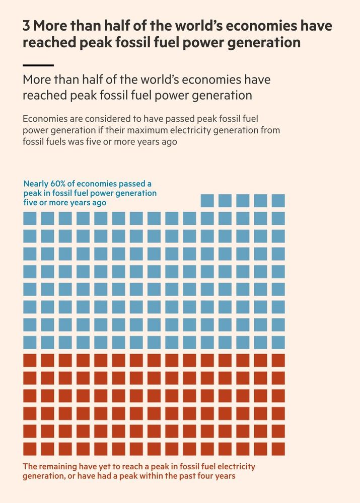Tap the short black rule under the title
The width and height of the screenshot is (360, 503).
pos(38,65)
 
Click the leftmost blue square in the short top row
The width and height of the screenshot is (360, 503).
pos(207,201)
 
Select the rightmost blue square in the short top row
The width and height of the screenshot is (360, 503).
pos(278,201)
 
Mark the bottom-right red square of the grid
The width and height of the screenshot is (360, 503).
pos(278,449)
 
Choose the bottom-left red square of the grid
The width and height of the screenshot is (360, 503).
pos(30,449)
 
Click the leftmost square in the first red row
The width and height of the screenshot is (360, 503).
pos(30,360)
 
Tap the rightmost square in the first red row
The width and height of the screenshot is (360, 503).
pos(278,360)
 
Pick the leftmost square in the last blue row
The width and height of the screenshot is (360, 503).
pos(30,343)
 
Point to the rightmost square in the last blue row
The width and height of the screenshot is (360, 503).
pos(278,343)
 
